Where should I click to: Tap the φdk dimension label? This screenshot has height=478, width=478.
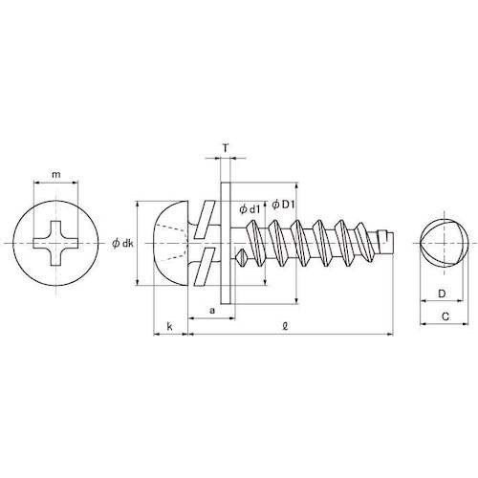click(122, 244)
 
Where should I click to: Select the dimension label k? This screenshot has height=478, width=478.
click(169, 326)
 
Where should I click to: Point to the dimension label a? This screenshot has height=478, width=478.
click(212, 311)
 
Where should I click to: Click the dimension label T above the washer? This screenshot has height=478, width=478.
click(225, 148)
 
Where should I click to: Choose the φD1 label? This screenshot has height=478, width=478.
click(285, 204)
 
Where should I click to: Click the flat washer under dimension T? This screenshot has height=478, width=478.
click(226, 243)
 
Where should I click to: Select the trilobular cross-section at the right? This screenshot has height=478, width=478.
click(440, 243)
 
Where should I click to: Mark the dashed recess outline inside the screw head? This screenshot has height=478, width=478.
click(172, 243)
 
